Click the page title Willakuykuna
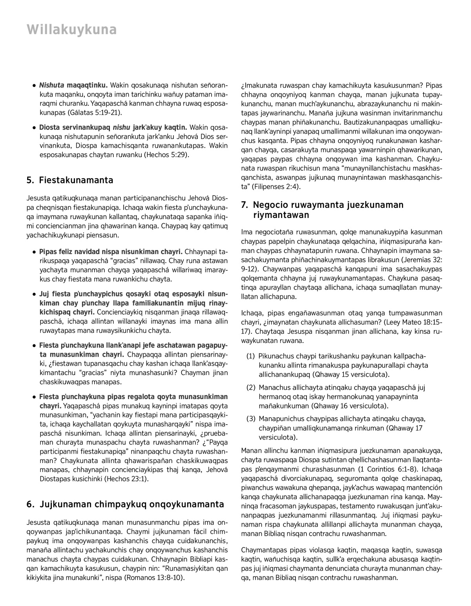[71, 30]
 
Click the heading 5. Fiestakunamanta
[70, 180]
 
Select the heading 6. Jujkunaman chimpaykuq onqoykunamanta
[126, 504]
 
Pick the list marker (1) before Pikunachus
[250, 356]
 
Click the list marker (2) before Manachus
[250, 388]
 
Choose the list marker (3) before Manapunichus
[250, 419]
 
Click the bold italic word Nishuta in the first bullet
[52, 85]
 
